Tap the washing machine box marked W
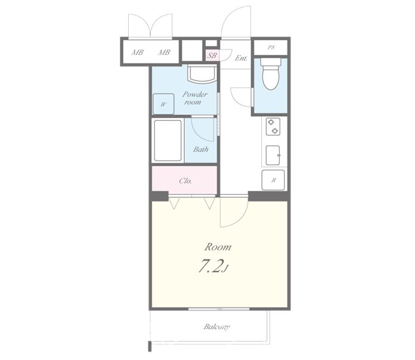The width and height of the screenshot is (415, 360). pos(163,104)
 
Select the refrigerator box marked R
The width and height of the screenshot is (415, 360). pos(273,180)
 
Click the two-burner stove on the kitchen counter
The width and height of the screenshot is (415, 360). pos(273,126)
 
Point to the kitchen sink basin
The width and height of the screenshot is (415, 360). pos(273,156)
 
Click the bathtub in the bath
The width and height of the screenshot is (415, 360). pos(168,141)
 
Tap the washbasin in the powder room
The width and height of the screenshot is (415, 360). pos(202,75)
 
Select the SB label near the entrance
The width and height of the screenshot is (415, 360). pos(212,55)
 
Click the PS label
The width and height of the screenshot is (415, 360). pos(271,48)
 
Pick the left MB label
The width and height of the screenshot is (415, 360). pos(137,52)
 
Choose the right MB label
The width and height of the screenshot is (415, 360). pos(164,52)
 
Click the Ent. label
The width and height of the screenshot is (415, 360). pos(241,58)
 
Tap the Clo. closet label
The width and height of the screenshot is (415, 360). pos(185,181)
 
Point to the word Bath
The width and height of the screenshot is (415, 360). pos(200,150)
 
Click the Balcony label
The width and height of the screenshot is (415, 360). pos(217,327)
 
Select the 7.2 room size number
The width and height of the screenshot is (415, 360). pos(210,266)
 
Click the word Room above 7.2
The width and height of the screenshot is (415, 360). pos(218,247)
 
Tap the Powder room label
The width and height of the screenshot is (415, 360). pos(195,98)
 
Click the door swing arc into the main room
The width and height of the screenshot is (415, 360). pos(241,218)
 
